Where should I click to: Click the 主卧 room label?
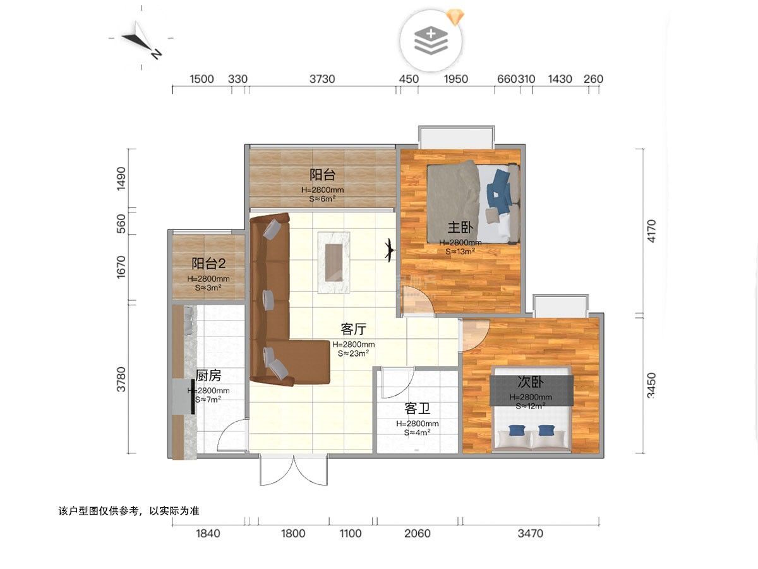click(x=460, y=228)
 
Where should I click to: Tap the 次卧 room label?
click(x=531, y=382)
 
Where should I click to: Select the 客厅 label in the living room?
click(x=353, y=329)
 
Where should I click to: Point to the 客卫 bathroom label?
click(x=417, y=408)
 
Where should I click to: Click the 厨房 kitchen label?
click(x=208, y=376)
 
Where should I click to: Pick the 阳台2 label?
click(x=208, y=264)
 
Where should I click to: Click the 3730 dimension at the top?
click(x=322, y=79)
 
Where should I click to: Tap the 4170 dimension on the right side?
click(x=651, y=231)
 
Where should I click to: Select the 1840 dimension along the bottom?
click(x=208, y=534)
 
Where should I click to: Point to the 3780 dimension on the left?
click(x=121, y=379)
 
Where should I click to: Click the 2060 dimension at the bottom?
click(x=418, y=534)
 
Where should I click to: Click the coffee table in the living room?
click(x=334, y=262)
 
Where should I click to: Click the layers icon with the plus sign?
click(x=431, y=40)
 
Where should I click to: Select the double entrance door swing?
click(x=294, y=470)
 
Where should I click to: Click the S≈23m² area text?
click(x=353, y=353)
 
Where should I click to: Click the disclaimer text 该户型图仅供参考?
click(x=99, y=511)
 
